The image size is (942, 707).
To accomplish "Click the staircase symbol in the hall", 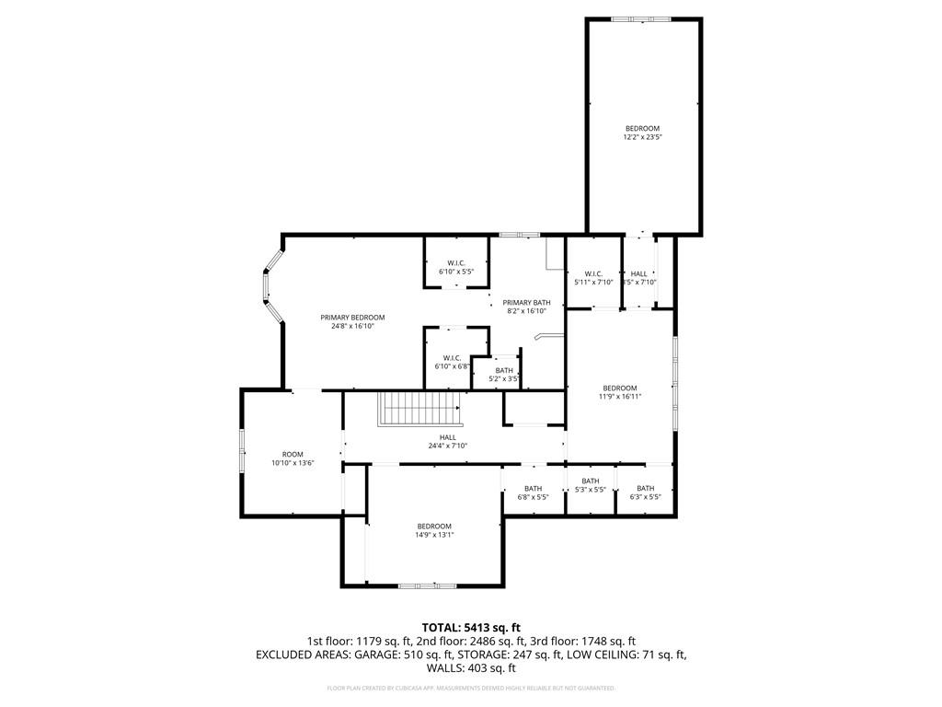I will coord(419,408).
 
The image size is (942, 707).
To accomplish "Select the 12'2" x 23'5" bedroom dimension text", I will coord(642,137).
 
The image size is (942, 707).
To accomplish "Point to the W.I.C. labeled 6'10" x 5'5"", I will coord(455,268).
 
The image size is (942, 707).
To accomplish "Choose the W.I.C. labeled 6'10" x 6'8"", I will coord(452,362).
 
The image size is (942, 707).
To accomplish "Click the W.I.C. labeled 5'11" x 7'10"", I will coord(592,278).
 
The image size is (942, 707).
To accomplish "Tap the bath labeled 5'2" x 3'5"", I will coord(504,374).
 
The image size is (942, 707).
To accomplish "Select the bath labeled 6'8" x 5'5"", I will coord(533,493).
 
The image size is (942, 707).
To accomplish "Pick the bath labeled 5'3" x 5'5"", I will coord(590,485).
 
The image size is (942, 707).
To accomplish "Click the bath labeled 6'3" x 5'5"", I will coord(645,493).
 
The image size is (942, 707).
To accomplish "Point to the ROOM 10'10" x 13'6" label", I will coord(293,458).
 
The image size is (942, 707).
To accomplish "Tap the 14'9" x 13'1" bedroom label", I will coord(434,530).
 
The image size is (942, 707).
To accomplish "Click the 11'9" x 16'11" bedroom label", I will coord(619,392).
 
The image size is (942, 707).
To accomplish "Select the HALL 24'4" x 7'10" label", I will coord(447,442).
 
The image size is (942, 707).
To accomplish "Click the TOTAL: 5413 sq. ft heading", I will coord(470,627).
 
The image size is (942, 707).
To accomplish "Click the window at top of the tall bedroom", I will coord(642,18).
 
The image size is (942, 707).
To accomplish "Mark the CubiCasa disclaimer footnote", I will coord(470,688).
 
